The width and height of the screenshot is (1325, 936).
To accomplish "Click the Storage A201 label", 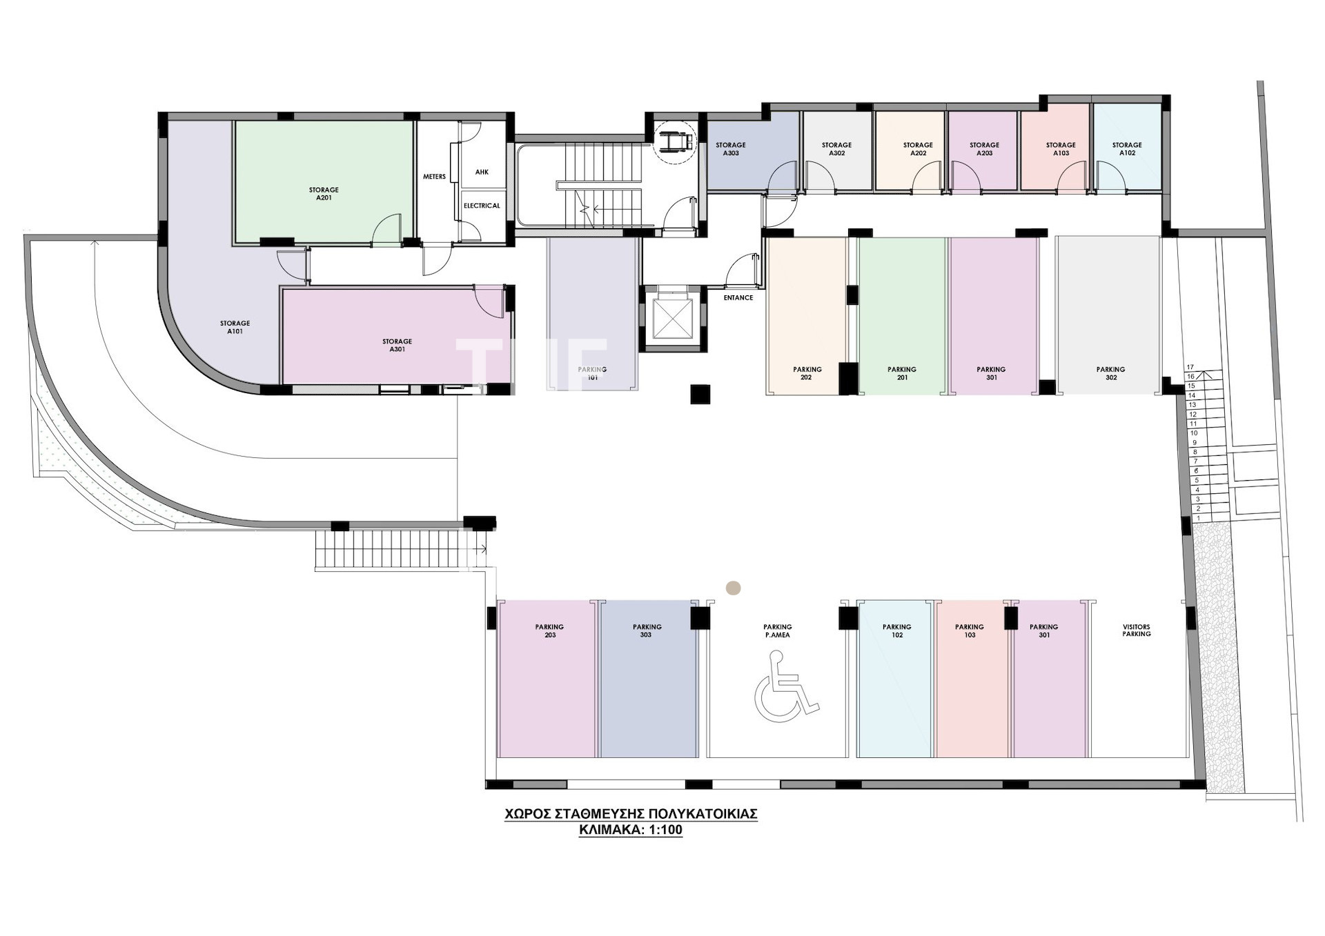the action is point(324,194).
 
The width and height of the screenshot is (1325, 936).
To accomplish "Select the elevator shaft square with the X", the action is point(671,319).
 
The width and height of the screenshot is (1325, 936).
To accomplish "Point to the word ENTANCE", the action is point(738,298).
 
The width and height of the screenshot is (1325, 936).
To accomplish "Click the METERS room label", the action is point(434,177).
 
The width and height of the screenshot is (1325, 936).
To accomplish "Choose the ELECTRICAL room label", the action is point(482,206).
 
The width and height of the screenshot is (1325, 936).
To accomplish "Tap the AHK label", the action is point(482,172).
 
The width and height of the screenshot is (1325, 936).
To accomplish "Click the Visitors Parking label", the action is point(1136,630).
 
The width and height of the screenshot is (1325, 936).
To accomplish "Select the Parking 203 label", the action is point(549,630).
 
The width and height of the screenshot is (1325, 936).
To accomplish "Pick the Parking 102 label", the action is point(896,630).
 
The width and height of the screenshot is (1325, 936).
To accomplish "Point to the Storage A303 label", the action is point(730,149).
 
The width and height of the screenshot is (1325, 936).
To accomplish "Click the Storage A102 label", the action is point(1127,149).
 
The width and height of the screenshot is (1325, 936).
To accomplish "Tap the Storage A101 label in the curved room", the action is point(235,327).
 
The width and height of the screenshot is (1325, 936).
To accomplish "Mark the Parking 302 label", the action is point(1110,373).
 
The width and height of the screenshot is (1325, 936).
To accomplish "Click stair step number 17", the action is point(1190,367).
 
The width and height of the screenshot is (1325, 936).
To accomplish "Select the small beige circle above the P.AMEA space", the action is point(733,588).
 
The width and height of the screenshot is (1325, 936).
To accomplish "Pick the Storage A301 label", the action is point(397,346).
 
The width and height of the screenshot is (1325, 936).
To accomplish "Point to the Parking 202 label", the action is point(807,373).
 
